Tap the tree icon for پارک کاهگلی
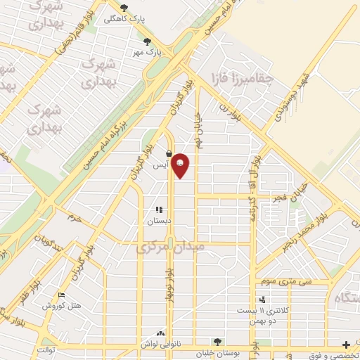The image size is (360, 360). tap(124, 8)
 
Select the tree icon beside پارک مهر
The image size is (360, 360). tap(147, 41)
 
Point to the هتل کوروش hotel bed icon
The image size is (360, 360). tap(61, 295)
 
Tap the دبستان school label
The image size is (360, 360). tap(159, 221)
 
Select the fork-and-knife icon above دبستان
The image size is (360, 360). tap(159, 210)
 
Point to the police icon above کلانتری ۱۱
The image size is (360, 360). tap(262, 300)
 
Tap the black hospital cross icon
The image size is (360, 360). tap(345, 345)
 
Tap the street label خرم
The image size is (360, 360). tap(75, 219)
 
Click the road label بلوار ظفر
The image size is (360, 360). tap(21, 297)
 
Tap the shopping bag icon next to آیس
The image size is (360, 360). tap(169, 154)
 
